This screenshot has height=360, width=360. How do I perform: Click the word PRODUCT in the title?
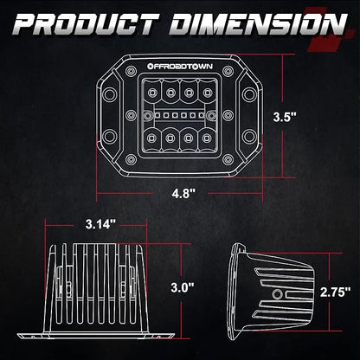pos(84,24)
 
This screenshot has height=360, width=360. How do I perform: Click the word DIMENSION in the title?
pos(258,24)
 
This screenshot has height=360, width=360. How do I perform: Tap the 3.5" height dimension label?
pos(285,117)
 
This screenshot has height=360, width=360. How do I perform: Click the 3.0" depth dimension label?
pos(183,287)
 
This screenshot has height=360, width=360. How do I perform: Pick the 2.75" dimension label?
pos(336,292)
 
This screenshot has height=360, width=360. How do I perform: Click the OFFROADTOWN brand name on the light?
pos(180,67)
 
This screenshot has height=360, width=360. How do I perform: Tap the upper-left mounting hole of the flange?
pos(110,93)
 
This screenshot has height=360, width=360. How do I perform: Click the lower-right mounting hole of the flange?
pos(249,137)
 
